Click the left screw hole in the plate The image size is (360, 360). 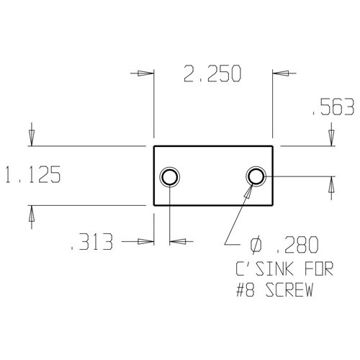click(170, 176)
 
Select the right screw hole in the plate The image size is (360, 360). click(256, 176)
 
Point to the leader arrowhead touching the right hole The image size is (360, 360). click(249, 190)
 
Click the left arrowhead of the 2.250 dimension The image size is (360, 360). click(147, 73)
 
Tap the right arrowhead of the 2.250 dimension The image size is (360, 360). click(279, 73)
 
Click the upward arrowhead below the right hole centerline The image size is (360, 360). click(330, 184)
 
